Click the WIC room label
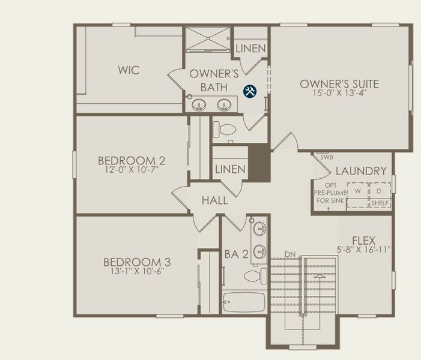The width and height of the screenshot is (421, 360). click(x=129, y=71)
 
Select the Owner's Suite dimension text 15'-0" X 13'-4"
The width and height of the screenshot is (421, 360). click(x=339, y=94)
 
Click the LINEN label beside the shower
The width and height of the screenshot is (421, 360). click(x=250, y=49)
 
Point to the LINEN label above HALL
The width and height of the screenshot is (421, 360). click(x=230, y=169)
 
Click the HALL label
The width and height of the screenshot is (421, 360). click(x=214, y=200)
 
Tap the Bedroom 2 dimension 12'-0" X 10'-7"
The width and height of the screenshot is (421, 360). click(x=132, y=170)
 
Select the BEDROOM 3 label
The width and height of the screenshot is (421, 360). click(x=137, y=262)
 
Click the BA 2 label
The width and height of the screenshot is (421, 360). click(x=236, y=254)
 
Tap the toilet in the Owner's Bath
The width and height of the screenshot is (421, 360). click(x=226, y=128)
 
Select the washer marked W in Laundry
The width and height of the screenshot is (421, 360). click(x=358, y=191)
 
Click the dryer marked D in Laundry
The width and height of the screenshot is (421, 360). click(x=379, y=191)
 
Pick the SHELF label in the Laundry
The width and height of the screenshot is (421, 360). click(x=380, y=203)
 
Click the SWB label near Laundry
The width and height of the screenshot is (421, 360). click(x=326, y=157)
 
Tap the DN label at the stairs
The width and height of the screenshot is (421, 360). click(x=291, y=254)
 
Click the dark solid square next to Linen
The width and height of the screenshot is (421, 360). click(x=259, y=163)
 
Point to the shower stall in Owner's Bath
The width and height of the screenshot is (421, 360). click(x=207, y=39)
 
